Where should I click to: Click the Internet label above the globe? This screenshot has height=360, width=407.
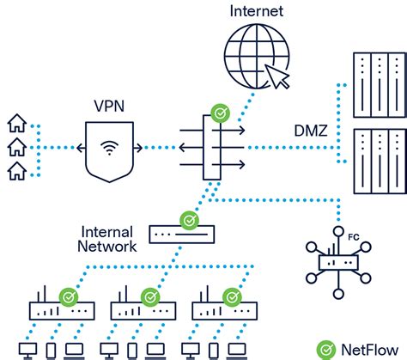[256, 11]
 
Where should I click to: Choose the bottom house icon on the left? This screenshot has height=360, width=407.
[15, 172]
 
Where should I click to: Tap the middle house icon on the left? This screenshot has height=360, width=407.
[15, 148]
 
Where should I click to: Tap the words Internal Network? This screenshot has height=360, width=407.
[109, 239]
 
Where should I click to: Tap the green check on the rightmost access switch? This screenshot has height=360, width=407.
[231, 296]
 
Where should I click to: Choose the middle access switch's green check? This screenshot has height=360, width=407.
[149, 296]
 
